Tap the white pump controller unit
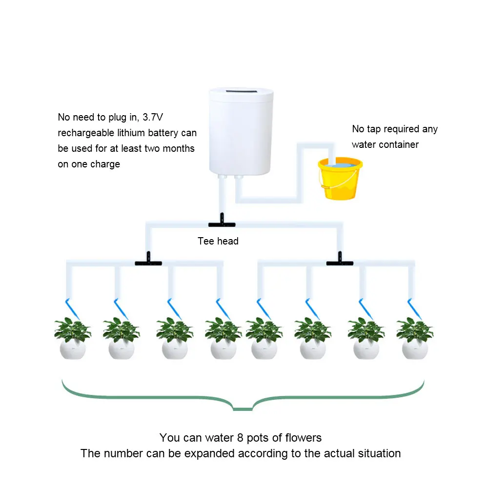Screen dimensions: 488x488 point(240,132)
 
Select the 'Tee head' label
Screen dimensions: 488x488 point(218,241)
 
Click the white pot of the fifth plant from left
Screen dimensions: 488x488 point(264,349)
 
